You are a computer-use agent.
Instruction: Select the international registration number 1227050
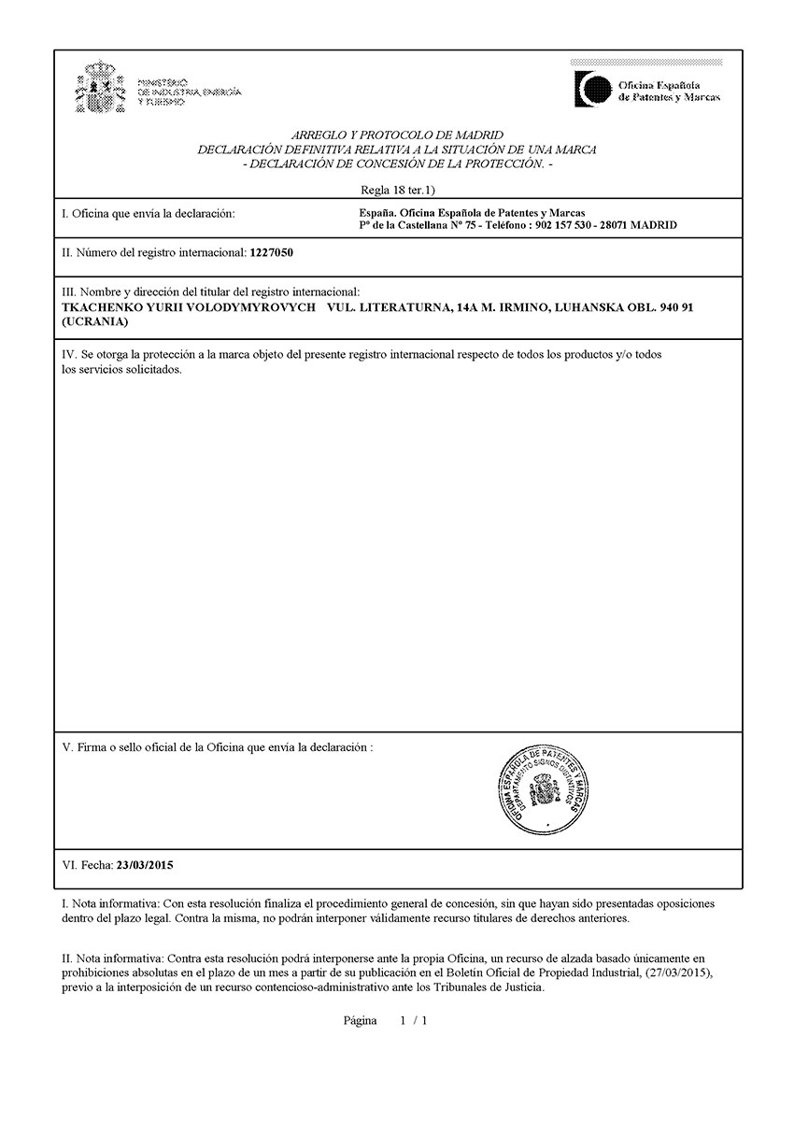(272, 253)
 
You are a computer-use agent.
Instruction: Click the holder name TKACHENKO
(101, 306)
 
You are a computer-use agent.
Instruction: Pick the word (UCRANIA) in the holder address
(93, 321)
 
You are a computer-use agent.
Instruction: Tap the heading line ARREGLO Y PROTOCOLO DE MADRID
(398, 135)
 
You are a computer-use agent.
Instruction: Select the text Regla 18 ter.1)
(398, 190)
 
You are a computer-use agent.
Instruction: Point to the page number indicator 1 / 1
(414, 1021)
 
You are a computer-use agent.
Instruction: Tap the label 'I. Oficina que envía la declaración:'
(148, 214)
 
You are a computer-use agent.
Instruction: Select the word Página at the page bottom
(360, 1021)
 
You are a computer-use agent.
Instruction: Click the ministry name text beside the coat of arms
(189, 92)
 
